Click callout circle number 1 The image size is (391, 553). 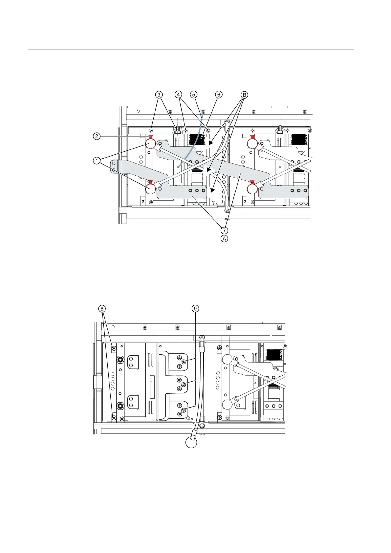tap(97, 161)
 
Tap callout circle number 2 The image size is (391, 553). tap(97, 136)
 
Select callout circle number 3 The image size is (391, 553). tap(159, 95)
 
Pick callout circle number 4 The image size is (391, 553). tap(178, 95)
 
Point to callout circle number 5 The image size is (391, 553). tap(194, 95)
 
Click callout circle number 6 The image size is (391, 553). tap(219, 95)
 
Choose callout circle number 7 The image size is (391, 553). tap(224, 230)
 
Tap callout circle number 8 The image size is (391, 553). tap(102, 309)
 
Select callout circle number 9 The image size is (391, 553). tap(195, 309)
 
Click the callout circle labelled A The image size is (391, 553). tap(224, 239)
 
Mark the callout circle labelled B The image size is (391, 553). tap(244, 95)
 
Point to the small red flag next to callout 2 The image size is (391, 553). tap(151, 137)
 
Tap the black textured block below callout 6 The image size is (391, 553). tap(198, 140)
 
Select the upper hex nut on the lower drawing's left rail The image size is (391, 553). tap(120, 360)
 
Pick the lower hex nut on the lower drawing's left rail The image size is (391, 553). tap(120, 406)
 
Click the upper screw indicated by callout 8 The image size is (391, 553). tap(114, 348)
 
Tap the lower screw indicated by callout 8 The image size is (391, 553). tap(114, 418)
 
